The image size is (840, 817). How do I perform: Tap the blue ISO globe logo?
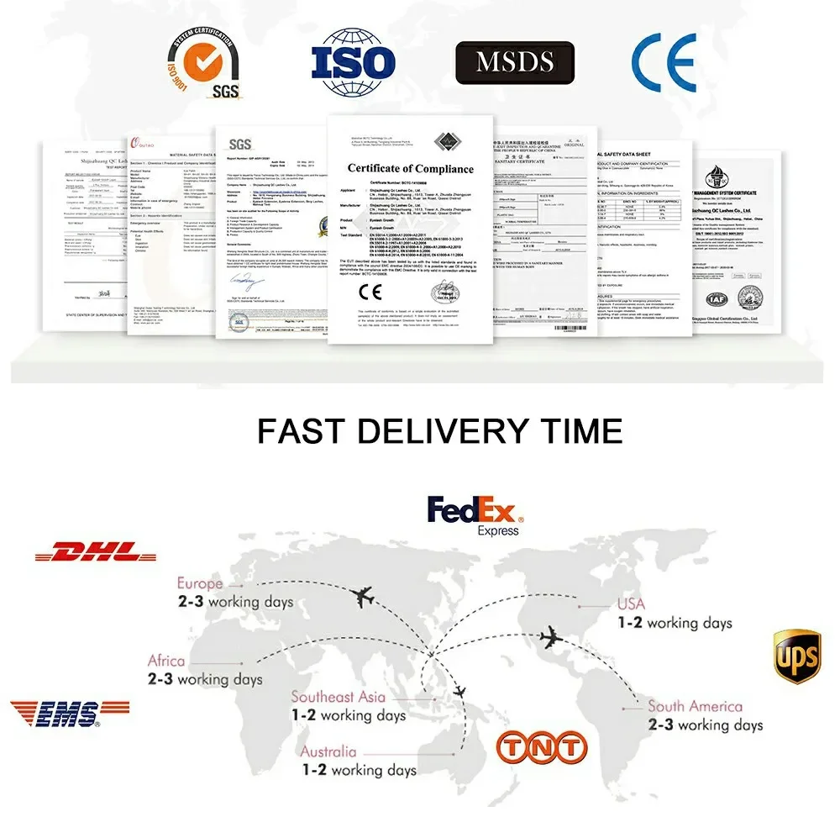pyautogui.click(x=354, y=62)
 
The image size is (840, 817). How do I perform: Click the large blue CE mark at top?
pyautogui.click(x=664, y=62)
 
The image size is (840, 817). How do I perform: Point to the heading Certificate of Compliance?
pyautogui.click(x=410, y=169)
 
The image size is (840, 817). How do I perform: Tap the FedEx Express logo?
pyautogui.click(x=475, y=513)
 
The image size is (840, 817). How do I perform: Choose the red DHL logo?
pyautogui.click(x=96, y=553)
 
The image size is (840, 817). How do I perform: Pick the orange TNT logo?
pyautogui.click(x=541, y=746)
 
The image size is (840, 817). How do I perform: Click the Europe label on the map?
pyautogui.click(x=200, y=583)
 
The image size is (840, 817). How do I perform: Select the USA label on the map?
pyautogui.click(x=631, y=604)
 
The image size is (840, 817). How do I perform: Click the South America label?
pyautogui.click(x=695, y=706)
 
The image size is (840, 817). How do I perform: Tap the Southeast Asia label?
pyautogui.click(x=339, y=697)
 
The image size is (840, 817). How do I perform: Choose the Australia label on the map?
pyautogui.click(x=328, y=751)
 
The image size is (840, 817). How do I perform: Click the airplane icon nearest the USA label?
pyautogui.click(x=551, y=639)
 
